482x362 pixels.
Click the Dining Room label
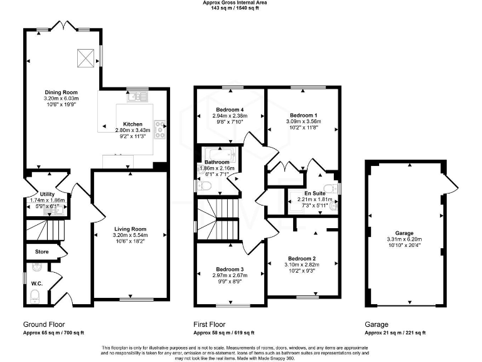(x=61, y=92)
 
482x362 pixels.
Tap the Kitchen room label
(x=132, y=124)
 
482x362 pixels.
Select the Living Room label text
(x=130, y=229)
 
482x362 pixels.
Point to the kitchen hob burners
(x=160, y=129)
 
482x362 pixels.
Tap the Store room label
(x=42, y=252)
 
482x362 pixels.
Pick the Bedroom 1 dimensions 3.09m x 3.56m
(x=303, y=121)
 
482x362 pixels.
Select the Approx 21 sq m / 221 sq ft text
(x=395, y=332)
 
